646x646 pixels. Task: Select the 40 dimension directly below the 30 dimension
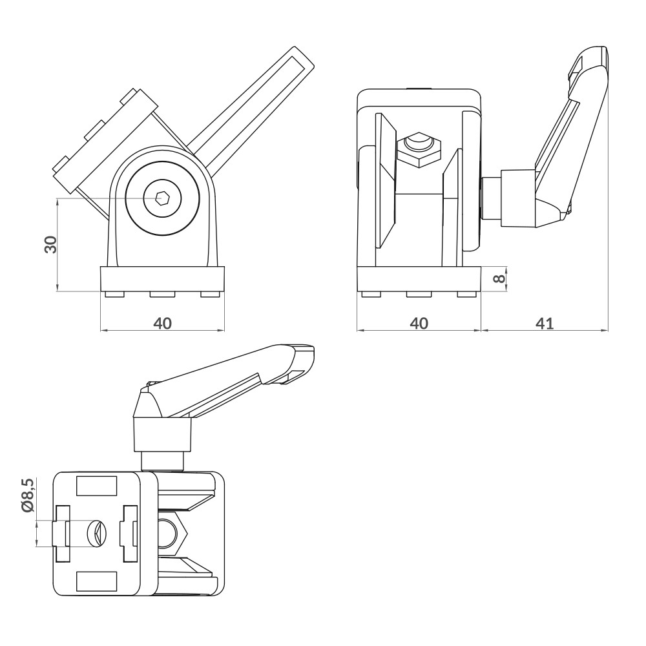tap(162, 323)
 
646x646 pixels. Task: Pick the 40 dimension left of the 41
tap(419, 323)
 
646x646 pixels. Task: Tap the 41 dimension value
tap(545, 323)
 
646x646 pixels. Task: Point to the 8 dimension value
tap(498, 279)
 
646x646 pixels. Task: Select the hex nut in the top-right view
tap(418, 151)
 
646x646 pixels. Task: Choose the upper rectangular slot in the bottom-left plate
tap(96, 486)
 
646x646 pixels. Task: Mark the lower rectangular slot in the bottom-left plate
tap(96, 581)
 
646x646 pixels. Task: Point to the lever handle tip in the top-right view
tap(593, 57)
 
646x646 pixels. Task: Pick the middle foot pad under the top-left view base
tap(162, 295)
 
